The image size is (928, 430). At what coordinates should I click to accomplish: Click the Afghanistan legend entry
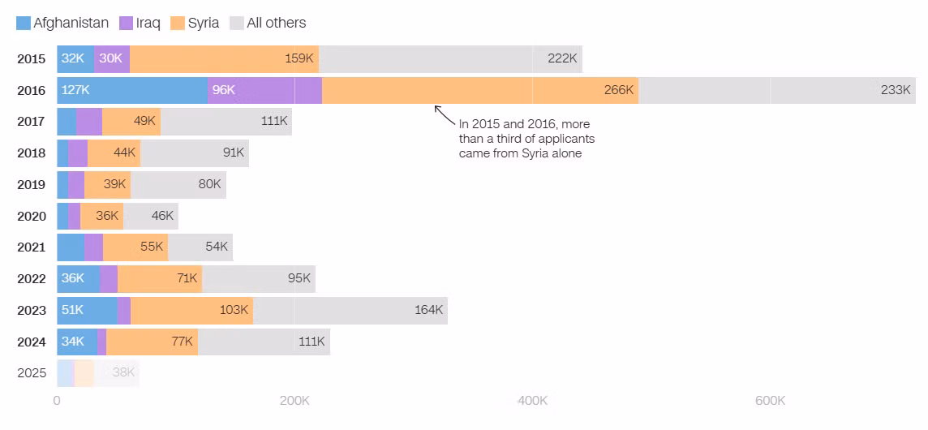click(62, 23)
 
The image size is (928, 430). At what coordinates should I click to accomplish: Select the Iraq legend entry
click(140, 23)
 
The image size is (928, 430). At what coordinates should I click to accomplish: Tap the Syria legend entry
click(195, 23)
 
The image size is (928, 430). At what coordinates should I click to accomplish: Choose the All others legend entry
click(268, 23)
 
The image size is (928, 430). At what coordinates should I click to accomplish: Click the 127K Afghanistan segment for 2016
click(132, 90)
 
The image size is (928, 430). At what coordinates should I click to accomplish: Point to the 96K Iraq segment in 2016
click(264, 90)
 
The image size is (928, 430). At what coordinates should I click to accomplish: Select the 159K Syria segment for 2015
click(224, 58)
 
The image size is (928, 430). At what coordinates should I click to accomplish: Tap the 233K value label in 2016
click(896, 90)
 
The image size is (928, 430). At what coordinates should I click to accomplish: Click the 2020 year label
click(32, 216)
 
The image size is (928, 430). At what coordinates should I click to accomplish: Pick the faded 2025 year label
click(32, 373)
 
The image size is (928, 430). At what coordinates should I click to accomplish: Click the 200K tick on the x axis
click(294, 401)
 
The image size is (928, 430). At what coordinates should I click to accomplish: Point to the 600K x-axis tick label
click(770, 401)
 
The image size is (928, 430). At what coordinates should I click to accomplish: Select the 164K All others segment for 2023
click(350, 311)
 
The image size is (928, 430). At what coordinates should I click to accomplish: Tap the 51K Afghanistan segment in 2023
click(87, 311)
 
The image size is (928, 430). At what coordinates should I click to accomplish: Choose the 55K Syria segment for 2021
click(135, 247)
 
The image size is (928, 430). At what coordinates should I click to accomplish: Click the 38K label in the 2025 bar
click(123, 373)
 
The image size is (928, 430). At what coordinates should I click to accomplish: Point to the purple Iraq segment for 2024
click(101, 342)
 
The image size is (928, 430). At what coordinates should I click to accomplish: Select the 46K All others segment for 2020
click(151, 216)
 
